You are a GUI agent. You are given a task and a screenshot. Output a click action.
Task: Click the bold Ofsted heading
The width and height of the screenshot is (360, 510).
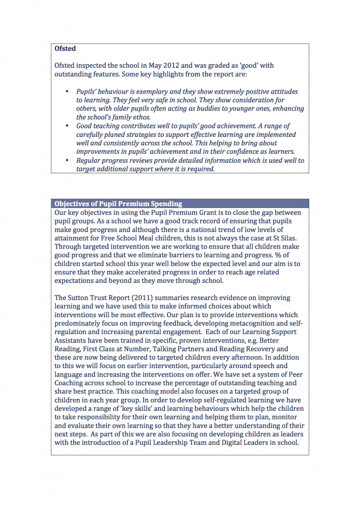point(65,49)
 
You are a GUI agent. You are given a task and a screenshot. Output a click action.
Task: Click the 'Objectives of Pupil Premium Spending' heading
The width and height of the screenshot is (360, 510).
point(118,204)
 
